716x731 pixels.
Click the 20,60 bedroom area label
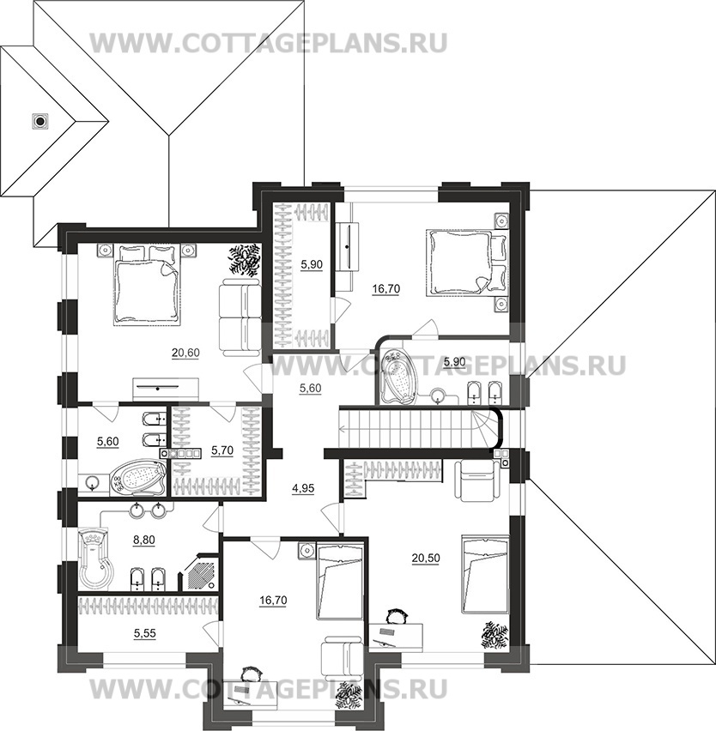pos(185,353)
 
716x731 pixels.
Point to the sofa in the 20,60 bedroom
pos(240,317)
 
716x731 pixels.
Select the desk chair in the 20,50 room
pos(397,616)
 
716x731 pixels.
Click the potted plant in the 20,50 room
pos(495,636)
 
